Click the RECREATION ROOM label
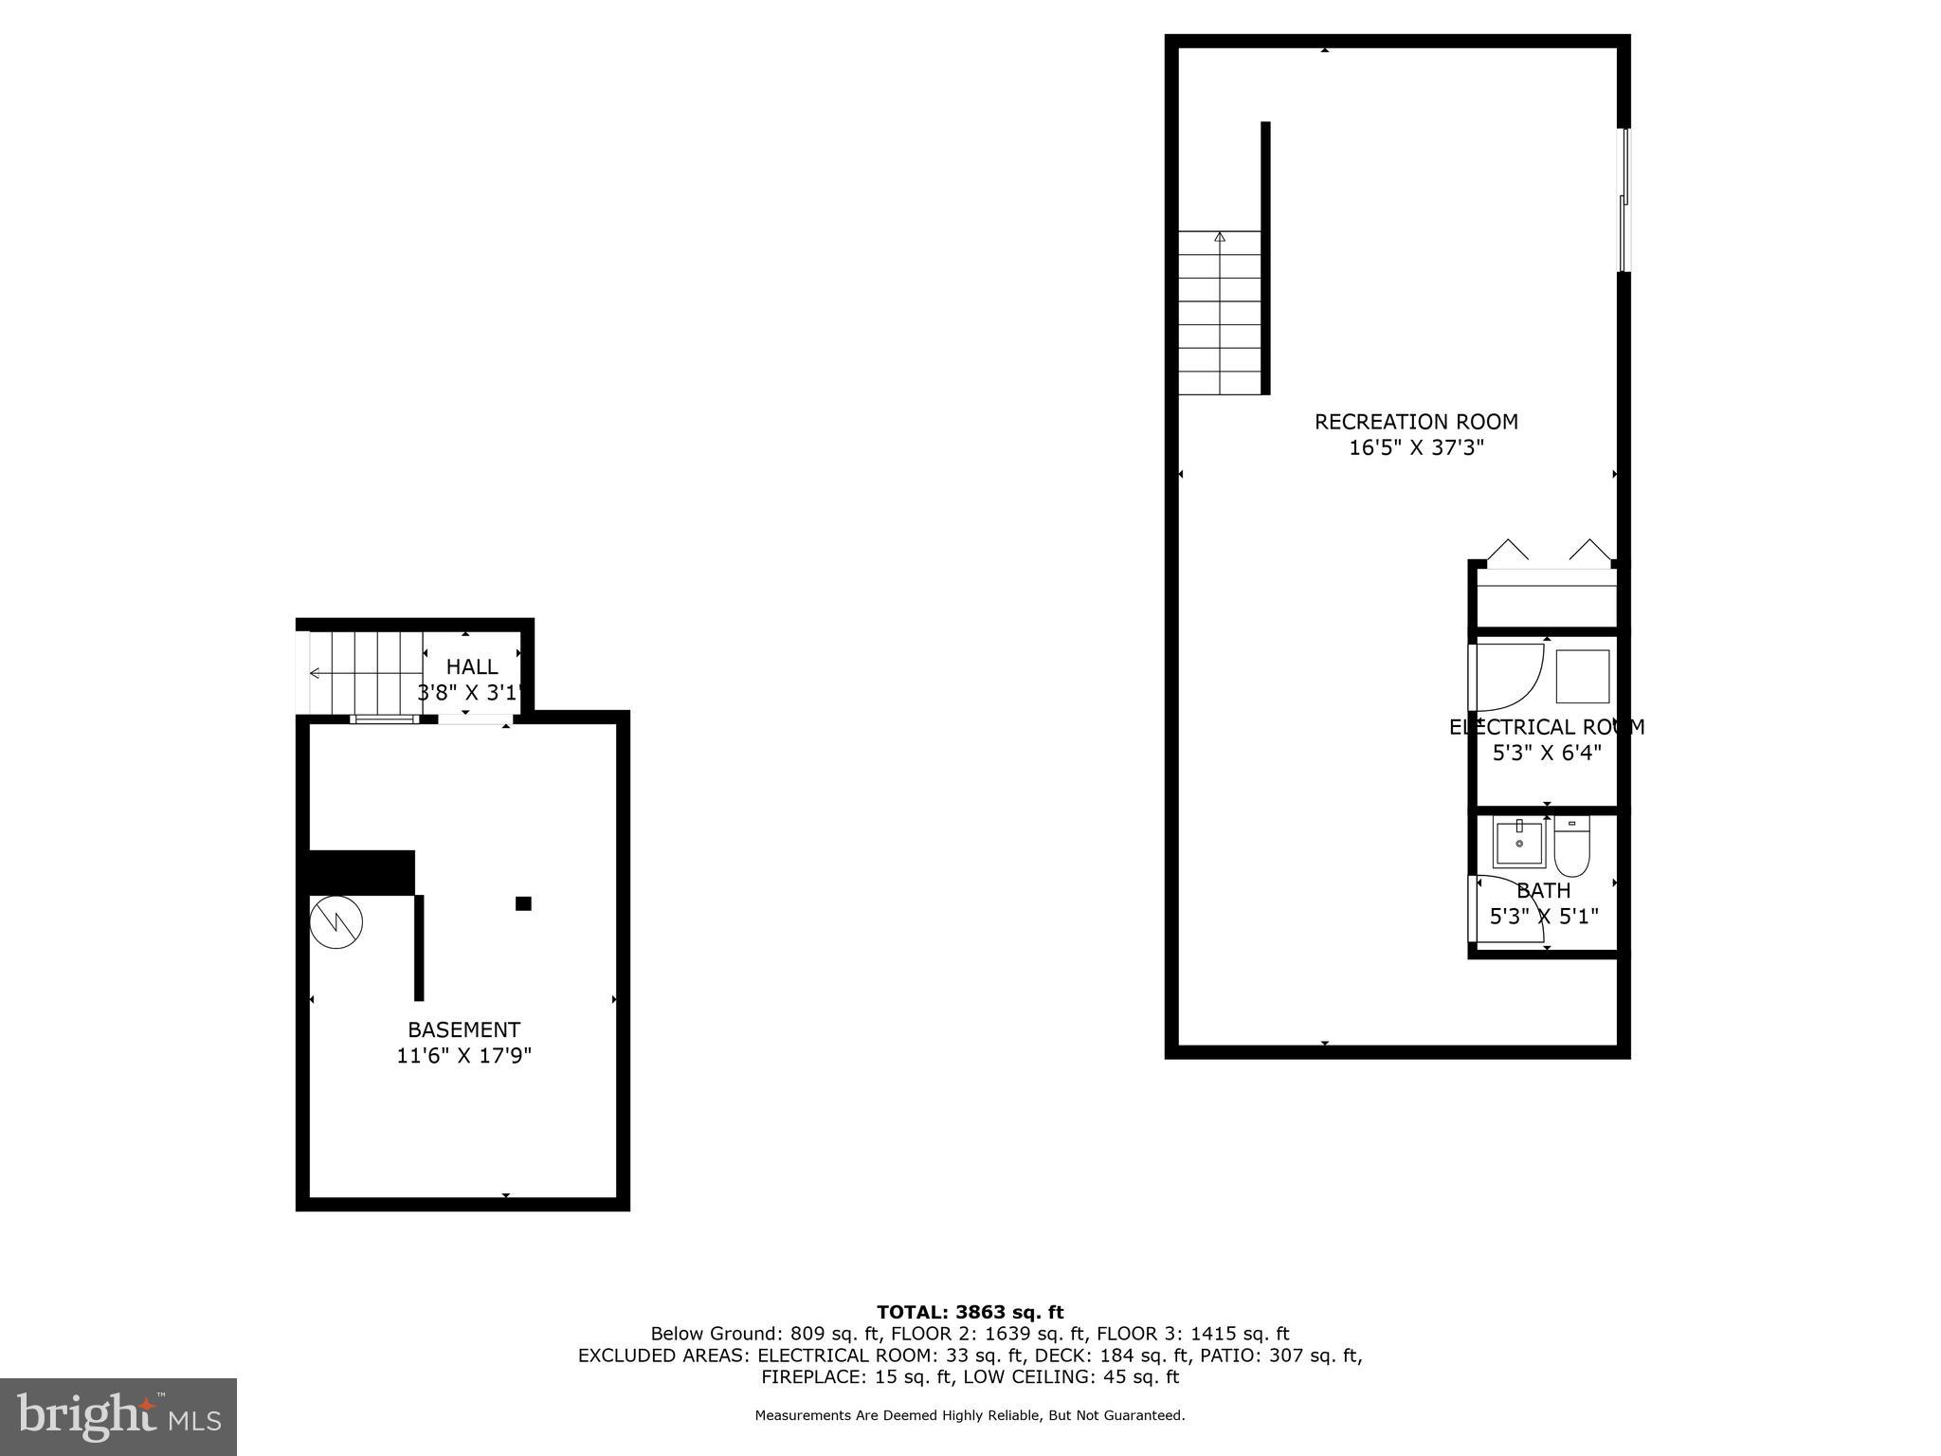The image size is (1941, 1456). tap(1416, 422)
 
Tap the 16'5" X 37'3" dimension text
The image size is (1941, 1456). tap(1416, 448)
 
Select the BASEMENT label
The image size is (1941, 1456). tap(463, 1029)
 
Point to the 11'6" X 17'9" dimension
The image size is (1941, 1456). tap(463, 1056)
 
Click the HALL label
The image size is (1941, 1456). tap(472, 666)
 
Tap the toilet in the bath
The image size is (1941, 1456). tap(1571, 849)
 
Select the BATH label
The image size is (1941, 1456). tap(1544, 891)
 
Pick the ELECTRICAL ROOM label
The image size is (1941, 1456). tap(1547, 727)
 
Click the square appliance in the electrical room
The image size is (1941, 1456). tap(1583, 676)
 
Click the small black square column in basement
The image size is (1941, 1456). tap(523, 903)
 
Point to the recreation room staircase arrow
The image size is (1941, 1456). tap(1220, 237)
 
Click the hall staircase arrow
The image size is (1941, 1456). tap(315, 673)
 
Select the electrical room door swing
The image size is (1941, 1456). tap(1507, 677)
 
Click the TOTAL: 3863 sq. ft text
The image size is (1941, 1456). tap(970, 1312)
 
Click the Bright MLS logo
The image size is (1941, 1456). tap(118, 1417)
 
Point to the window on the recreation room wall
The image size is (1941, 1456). tap(1624, 200)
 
